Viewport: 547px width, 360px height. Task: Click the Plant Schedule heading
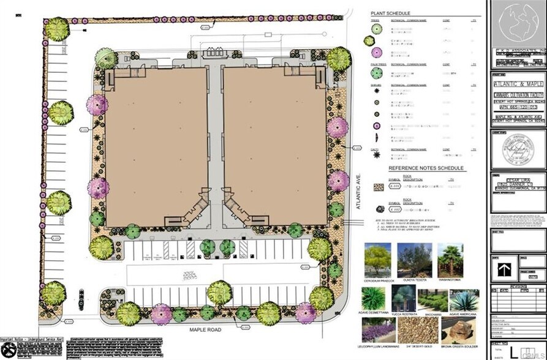point(390,13)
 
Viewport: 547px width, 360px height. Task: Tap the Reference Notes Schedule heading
point(426,168)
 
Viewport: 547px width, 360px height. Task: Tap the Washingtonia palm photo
point(450,260)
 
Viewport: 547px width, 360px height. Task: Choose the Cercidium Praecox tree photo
point(377,260)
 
